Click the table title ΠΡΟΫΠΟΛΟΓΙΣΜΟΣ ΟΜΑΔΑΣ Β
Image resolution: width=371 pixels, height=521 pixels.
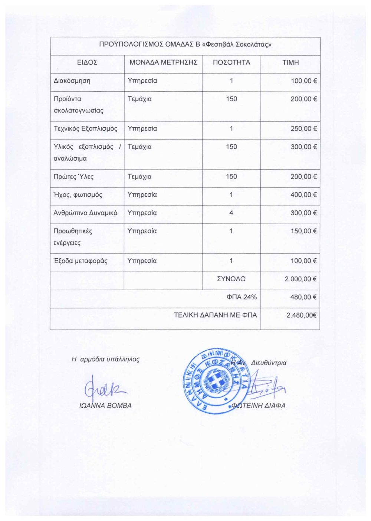click(185, 45)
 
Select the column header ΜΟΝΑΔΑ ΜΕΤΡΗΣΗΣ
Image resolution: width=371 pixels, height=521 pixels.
click(163, 62)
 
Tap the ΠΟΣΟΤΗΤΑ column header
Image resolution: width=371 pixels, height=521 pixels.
click(232, 62)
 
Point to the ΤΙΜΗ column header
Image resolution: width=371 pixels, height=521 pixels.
click(290, 62)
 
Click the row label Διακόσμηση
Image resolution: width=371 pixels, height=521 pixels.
click(72, 81)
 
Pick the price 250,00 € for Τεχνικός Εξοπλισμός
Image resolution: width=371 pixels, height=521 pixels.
click(303, 128)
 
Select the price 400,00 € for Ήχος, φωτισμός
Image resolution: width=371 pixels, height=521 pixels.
click(303, 194)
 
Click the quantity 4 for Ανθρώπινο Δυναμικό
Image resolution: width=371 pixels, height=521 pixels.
click(231, 213)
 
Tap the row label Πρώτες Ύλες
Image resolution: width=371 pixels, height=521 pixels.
click(73, 177)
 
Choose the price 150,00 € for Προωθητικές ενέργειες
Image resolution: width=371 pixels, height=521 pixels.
click(303, 231)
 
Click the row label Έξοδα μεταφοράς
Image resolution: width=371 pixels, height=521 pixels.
click(81, 260)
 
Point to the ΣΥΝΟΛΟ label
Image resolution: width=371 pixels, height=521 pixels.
click(231, 279)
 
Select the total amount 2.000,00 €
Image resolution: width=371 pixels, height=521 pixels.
click(301, 279)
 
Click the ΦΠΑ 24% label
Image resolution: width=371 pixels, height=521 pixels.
click(242, 297)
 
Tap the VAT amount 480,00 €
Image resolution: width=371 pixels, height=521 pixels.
click(303, 297)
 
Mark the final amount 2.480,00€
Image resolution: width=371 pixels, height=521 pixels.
click(301, 315)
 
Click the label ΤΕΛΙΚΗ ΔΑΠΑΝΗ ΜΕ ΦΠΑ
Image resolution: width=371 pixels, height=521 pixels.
click(215, 315)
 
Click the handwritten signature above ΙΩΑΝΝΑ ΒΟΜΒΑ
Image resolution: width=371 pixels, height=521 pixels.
click(105, 388)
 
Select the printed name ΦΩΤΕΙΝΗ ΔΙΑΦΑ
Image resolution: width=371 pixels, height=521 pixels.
click(259, 406)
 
